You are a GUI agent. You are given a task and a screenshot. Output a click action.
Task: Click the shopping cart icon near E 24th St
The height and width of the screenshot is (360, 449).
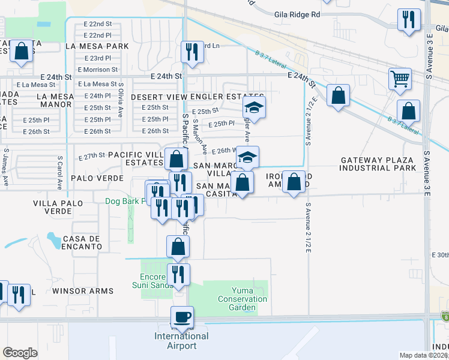pyautogui.click(x=400, y=79)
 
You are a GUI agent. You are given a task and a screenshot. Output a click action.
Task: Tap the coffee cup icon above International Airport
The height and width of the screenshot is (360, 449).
pyautogui.click(x=182, y=316)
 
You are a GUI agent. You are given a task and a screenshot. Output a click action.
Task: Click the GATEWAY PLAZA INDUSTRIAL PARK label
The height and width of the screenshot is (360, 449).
pyautogui.click(x=378, y=164)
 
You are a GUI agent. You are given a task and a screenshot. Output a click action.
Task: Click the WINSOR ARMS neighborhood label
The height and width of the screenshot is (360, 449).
pyautogui.click(x=83, y=291)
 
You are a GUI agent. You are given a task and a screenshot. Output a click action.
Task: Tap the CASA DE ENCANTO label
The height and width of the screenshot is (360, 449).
pyautogui.click(x=81, y=242)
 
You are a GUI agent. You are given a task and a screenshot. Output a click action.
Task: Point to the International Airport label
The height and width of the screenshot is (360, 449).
pyautogui.click(x=182, y=341)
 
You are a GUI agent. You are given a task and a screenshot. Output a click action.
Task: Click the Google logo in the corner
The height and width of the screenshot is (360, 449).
pyautogui.click(x=20, y=353)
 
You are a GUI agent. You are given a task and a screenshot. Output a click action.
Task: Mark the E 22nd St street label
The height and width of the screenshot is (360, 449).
pyautogui.click(x=98, y=24)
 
